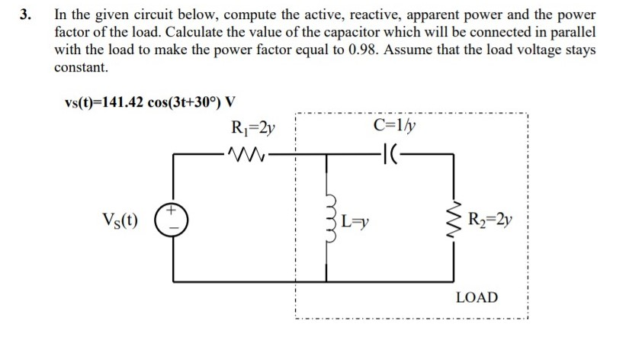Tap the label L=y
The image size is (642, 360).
click(x=355, y=223)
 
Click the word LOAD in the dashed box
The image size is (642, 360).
click(x=477, y=296)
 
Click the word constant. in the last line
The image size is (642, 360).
click(x=82, y=67)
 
